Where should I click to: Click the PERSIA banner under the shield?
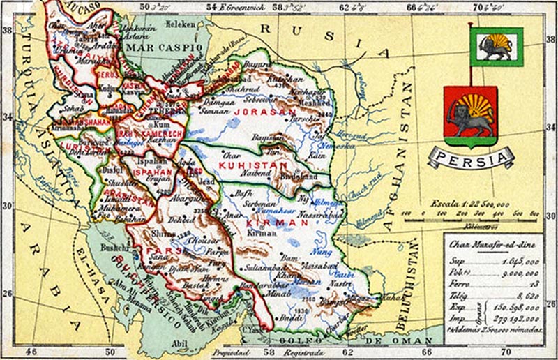tap(471, 156)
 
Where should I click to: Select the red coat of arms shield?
tap(470, 116)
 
